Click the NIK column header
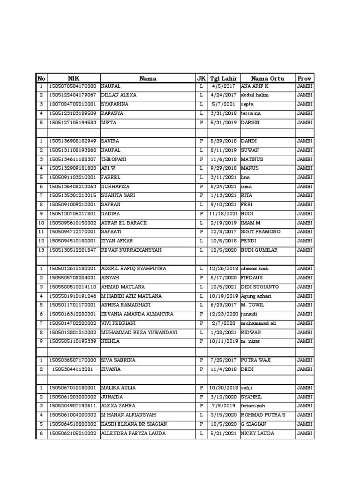[74, 78]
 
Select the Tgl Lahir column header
[223, 78]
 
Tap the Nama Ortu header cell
[266, 78]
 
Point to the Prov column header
[304, 78]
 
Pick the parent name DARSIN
[251, 123]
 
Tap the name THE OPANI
[114, 159]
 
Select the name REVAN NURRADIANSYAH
[131, 250]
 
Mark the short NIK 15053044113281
[75, 369]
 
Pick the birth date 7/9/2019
[223, 406]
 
